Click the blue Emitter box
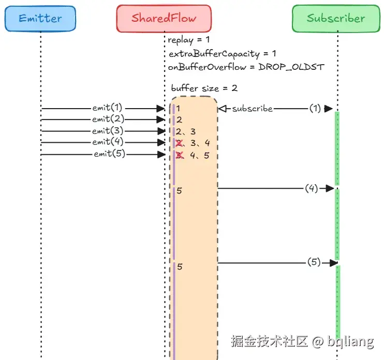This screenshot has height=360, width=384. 40,19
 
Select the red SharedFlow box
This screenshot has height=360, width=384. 164,19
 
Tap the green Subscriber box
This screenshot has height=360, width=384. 336,19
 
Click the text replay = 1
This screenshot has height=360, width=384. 188,40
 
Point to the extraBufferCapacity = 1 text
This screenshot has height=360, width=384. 223,54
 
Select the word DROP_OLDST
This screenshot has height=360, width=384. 291,67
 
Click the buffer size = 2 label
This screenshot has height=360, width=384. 204,88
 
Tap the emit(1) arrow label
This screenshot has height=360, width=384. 107,108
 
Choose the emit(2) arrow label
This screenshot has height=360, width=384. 108,119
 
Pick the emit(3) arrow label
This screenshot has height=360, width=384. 108,131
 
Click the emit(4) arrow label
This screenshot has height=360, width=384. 108,142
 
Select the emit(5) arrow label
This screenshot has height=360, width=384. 110,154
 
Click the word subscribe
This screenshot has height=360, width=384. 252,109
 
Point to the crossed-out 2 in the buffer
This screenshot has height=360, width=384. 179,143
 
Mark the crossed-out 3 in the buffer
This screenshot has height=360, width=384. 180,155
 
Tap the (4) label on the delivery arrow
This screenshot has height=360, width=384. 311,188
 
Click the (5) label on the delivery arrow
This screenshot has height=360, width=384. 314,262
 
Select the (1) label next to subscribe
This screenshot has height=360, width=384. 315,108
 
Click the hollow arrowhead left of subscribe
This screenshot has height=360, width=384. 223,109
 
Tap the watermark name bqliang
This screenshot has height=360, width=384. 351,341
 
